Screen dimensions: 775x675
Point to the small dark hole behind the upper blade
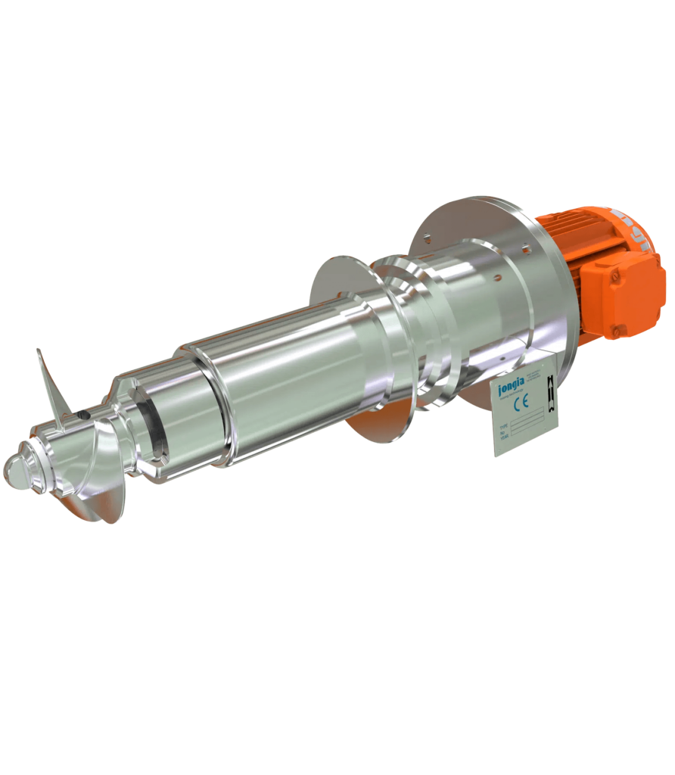tap(81, 414)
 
